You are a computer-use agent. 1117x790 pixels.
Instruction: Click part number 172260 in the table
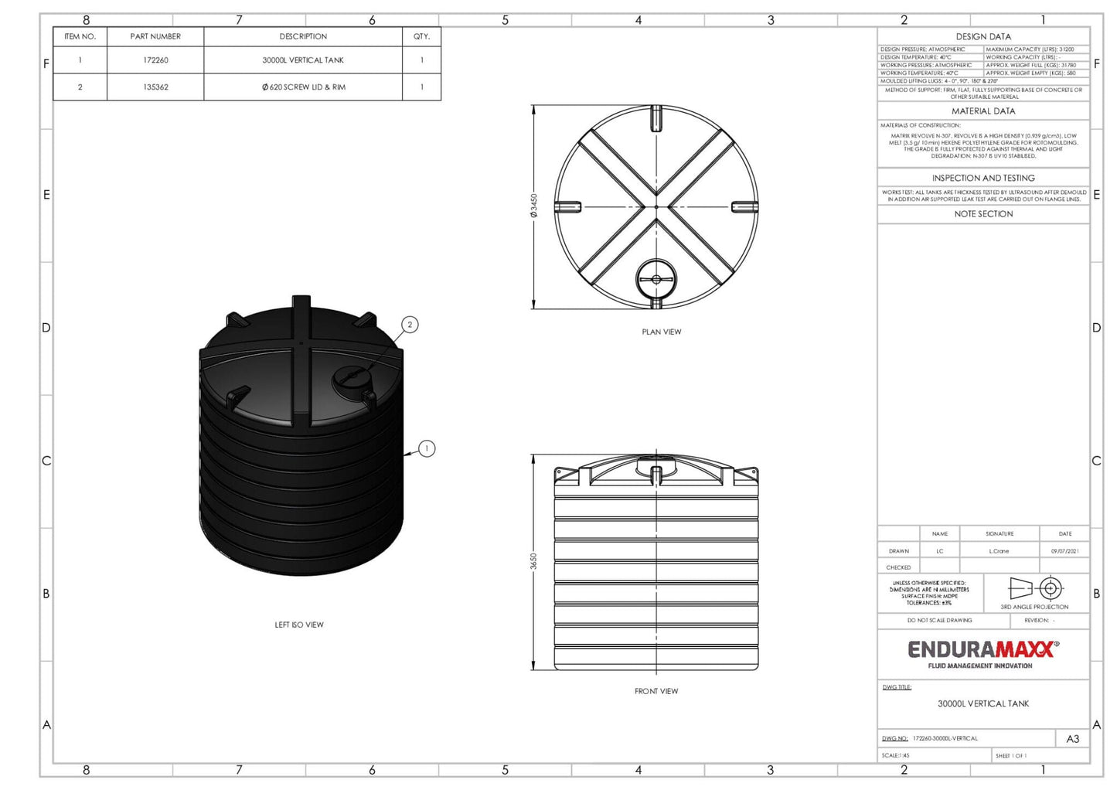(x=155, y=60)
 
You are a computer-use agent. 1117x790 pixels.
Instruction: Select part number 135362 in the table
(x=155, y=87)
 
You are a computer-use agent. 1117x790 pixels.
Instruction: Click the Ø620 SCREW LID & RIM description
(x=303, y=87)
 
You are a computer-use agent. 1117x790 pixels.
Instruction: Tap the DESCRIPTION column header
(x=303, y=36)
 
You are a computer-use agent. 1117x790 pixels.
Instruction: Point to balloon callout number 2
(x=410, y=325)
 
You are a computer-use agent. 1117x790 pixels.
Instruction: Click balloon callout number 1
(x=427, y=448)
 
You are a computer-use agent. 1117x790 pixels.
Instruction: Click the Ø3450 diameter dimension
(x=533, y=206)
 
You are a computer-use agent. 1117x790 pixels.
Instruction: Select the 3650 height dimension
(x=533, y=561)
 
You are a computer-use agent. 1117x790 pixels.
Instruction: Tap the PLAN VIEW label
(x=661, y=332)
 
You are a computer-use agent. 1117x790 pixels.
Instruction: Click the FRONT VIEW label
(x=656, y=691)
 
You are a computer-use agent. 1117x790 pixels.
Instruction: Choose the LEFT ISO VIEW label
(x=299, y=625)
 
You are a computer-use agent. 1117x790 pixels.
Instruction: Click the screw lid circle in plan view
(x=656, y=279)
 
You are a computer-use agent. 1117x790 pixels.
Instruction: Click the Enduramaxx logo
(x=982, y=652)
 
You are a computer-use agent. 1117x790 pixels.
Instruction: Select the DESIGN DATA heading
(x=982, y=36)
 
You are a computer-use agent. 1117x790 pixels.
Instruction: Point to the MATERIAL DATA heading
(x=982, y=111)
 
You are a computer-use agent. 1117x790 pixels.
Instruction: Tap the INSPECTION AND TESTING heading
(x=982, y=178)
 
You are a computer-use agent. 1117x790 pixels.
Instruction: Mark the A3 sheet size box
(x=1072, y=739)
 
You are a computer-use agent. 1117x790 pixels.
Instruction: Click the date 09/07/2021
(x=1064, y=551)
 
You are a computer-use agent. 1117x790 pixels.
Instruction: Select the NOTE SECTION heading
(x=982, y=214)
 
